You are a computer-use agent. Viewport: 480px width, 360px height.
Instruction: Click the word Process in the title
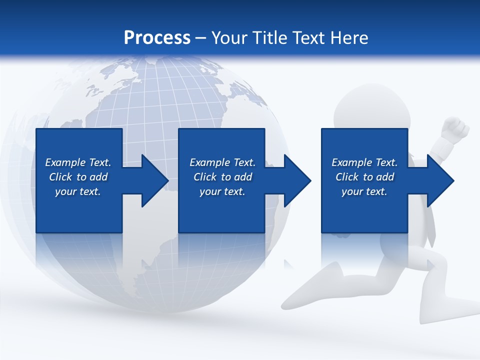157,37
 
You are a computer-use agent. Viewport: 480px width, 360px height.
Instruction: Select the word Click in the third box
347,177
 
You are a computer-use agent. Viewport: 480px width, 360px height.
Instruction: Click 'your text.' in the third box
364,191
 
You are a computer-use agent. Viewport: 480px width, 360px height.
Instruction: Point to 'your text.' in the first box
77,191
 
